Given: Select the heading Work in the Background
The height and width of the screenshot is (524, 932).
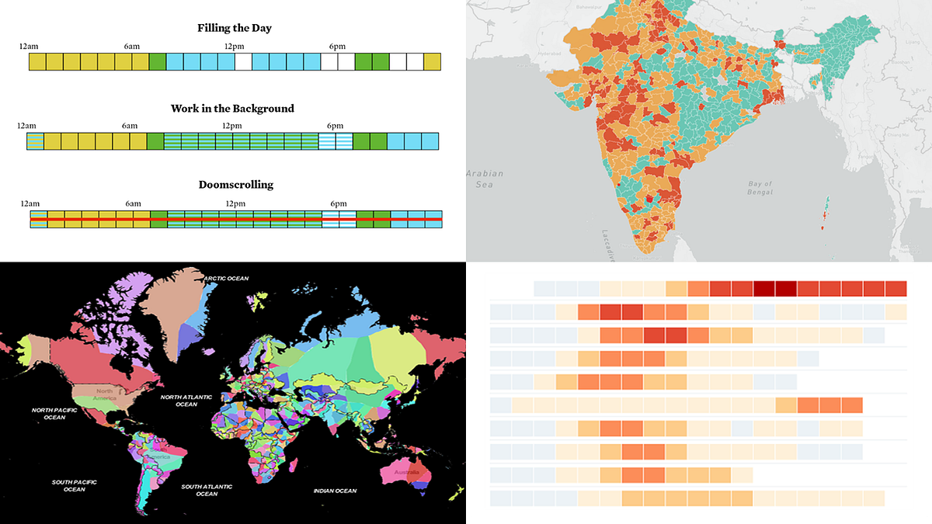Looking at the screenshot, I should [x=232, y=109].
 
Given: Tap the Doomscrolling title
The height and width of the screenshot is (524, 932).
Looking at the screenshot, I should [x=235, y=185].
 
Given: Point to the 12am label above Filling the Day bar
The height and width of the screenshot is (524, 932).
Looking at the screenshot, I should [x=29, y=47].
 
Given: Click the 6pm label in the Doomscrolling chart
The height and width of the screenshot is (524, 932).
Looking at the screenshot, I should [x=336, y=203].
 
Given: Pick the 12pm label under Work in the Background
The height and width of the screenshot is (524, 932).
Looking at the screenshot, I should [x=231, y=126].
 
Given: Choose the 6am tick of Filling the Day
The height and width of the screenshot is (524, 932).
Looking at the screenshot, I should [x=132, y=47].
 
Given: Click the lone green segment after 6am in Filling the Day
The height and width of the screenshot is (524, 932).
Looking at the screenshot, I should [x=158, y=62].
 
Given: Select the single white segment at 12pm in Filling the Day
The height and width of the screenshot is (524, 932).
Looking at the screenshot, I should [x=243, y=62].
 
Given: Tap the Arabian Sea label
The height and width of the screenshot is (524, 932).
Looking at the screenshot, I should [x=485, y=179].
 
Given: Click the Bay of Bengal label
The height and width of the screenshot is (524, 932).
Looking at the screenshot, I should [x=760, y=187].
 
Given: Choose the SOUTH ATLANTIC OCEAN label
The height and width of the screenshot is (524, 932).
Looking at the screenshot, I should [x=207, y=490].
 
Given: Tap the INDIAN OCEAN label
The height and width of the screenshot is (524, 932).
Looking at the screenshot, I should [x=335, y=491].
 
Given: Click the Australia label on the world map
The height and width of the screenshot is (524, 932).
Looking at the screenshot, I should [x=408, y=472].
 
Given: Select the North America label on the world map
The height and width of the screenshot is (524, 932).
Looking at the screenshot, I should [x=104, y=395].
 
